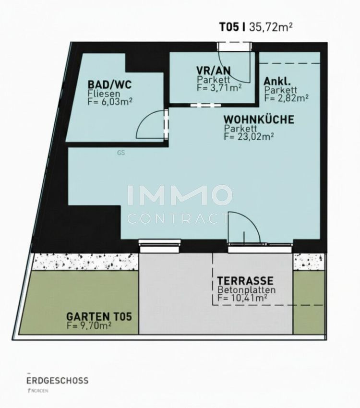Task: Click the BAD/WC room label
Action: tap(110, 84)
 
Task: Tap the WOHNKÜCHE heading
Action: tap(259, 120)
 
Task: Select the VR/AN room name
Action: tap(213, 71)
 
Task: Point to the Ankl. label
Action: tap(277, 82)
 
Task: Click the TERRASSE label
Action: tap(245, 281)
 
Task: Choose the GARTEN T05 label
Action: tap(99, 317)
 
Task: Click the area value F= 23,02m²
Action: tap(249, 136)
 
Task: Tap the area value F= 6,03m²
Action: tap(110, 101)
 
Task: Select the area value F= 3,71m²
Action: tap(219, 87)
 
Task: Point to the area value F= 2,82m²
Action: tap(287, 98)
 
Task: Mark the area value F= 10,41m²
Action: tap(242, 298)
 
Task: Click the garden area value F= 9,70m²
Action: tap(89, 325)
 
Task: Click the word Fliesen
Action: tap(104, 93)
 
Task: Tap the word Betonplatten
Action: tap(246, 289)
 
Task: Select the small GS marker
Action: tap(121, 153)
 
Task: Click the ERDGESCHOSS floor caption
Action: tap(58, 381)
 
